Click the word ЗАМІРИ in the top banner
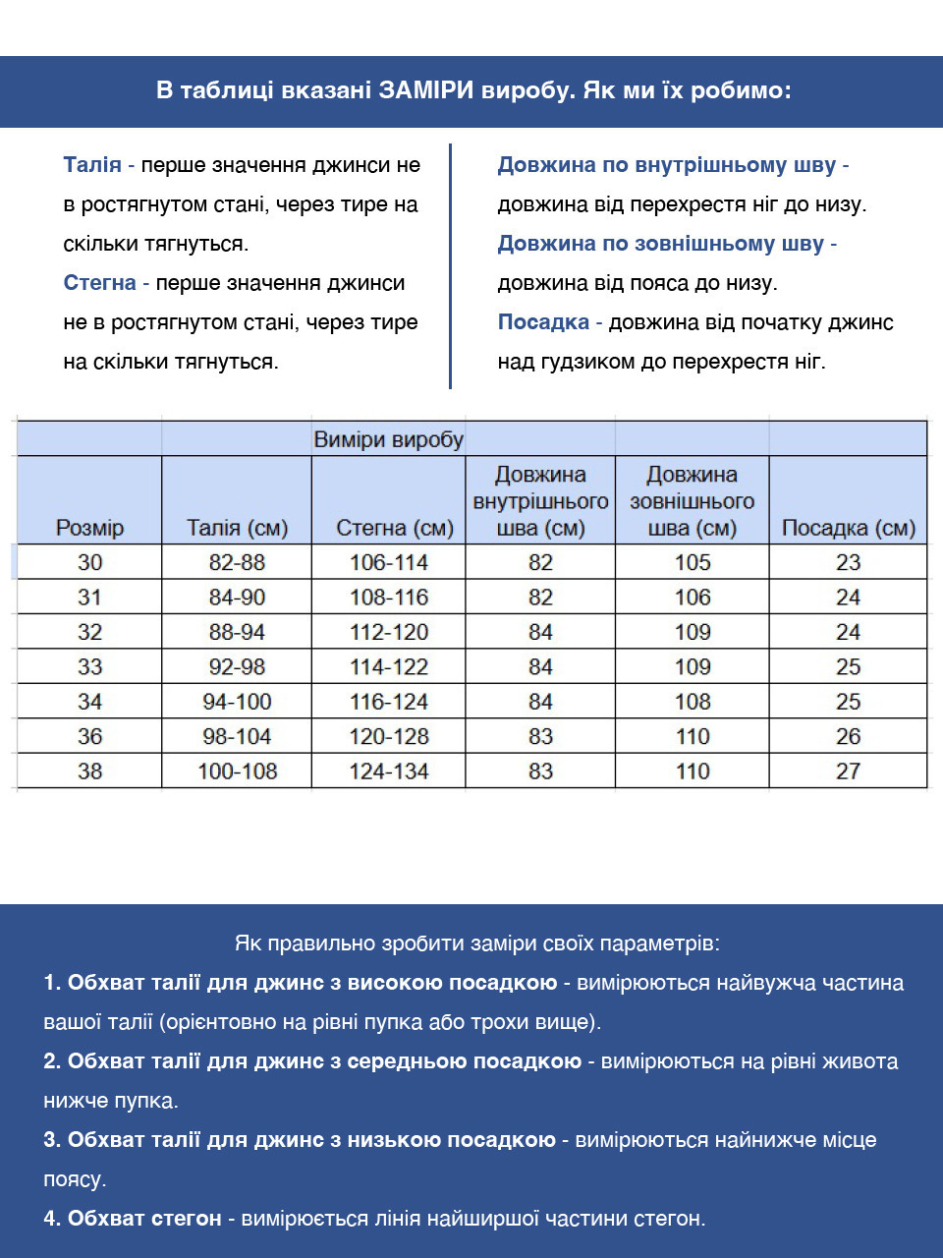427,91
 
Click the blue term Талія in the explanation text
92,165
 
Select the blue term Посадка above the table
543,322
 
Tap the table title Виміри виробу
388,439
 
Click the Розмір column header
89,528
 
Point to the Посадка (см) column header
848,528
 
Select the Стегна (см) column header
395,528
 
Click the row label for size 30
89,562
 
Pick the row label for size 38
89,772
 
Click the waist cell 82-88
237,562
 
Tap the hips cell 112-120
389,632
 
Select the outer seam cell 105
693,562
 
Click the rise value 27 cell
848,772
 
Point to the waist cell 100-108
237,772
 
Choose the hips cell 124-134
389,772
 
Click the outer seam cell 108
693,702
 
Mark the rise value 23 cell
848,562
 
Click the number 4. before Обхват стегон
52,1219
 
